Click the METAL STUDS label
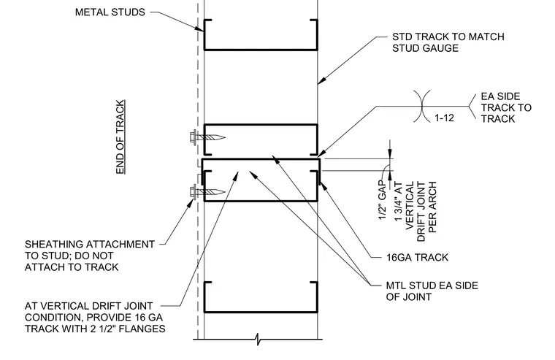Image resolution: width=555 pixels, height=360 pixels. click(110, 12)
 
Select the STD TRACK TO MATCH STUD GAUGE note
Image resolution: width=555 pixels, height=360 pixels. click(448, 42)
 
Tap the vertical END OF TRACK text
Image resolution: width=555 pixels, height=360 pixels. click(120, 137)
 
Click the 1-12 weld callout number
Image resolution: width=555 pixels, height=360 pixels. click(444, 118)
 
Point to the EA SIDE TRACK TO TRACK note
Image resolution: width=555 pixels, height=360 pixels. click(506, 107)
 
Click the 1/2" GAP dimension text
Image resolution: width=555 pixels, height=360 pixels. click(382, 200)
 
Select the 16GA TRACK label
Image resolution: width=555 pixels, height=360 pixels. click(417, 257)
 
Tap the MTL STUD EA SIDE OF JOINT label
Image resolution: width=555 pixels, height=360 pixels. click(432, 291)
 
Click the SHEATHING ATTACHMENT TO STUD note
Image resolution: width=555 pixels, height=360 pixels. click(90, 256)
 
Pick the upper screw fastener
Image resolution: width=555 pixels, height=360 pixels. click(207, 137)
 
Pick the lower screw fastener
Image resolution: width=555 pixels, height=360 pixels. click(207, 192)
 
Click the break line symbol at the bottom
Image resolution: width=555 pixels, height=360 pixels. click(258, 339)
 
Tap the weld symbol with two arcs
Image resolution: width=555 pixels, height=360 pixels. click(422, 106)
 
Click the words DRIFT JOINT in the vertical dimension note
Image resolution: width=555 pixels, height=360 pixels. click(421, 212)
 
